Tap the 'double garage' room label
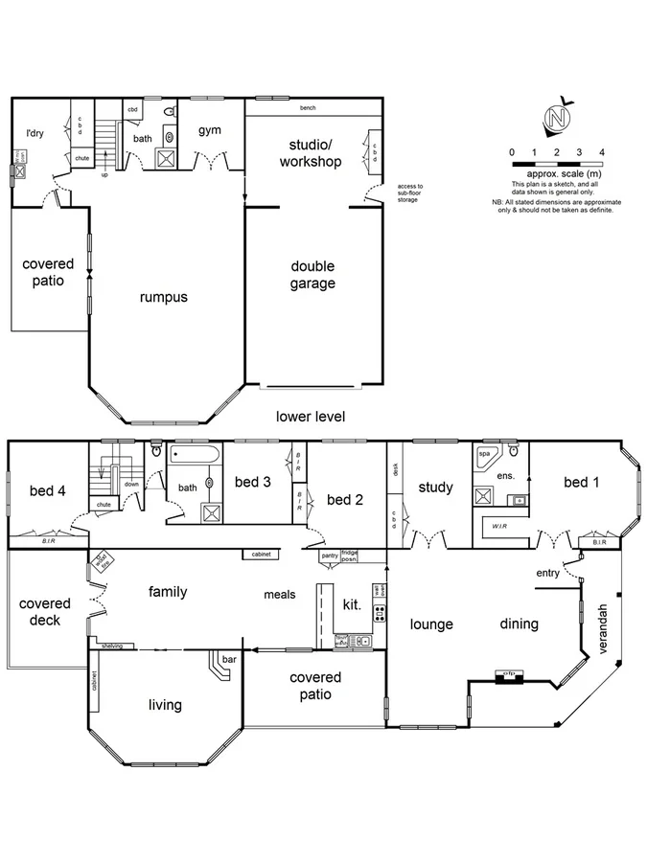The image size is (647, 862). tap(313, 275)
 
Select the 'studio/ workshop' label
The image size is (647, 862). tap(311, 153)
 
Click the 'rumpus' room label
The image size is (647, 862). tap(163, 297)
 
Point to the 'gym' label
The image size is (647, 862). tap(210, 130)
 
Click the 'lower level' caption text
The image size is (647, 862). tap(310, 417)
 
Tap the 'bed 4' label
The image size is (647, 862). tap(48, 490)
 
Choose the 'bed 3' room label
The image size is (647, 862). tap(254, 482)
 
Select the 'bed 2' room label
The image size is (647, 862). tap(346, 499)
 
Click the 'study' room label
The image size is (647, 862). tap(436, 488)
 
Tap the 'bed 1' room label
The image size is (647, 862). tap(582, 482)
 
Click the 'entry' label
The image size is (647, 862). tap(548, 573)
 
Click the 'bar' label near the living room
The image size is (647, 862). tap(228, 661)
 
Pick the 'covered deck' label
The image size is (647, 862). tap(45, 612)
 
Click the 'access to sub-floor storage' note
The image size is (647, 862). tap(409, 193)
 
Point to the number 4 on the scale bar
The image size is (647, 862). tap(602, 152)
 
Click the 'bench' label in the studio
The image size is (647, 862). tap(308, 108)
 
